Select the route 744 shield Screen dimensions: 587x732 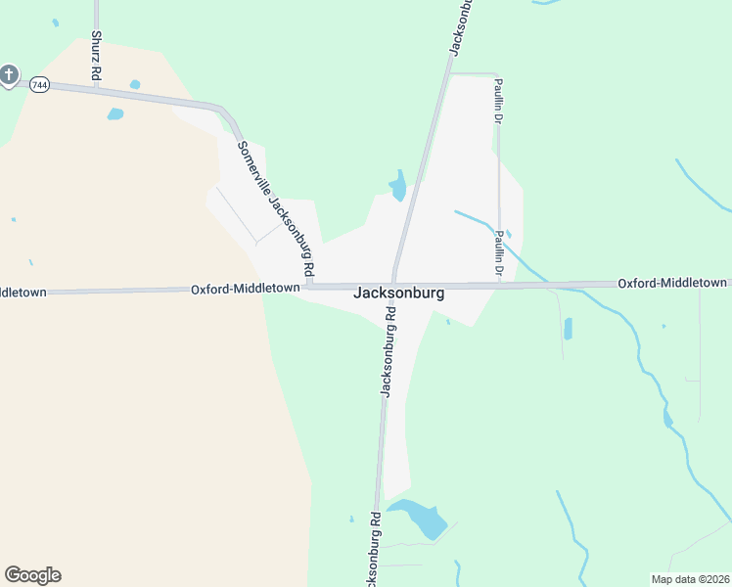tap(39, 85)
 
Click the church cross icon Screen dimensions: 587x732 tap(9, 74)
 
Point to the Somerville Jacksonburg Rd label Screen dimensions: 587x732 tap(278, 206)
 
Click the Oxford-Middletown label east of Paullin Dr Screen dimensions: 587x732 tap(673, 283)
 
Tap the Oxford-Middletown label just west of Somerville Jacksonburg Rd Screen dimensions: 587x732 tap(245, 289)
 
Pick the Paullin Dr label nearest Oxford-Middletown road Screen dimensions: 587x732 tap(499, 252)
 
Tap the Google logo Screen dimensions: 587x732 tap(32, 575)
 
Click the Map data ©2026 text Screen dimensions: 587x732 tap(690, 579)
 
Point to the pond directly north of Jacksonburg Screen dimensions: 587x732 tap(398, 186)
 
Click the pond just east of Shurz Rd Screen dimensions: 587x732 tap(115, 114)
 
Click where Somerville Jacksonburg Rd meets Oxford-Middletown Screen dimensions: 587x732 tap(309, 286)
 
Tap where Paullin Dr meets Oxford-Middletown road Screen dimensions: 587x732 tap(499, 286)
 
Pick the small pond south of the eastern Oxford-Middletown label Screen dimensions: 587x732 tap(568, 328)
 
